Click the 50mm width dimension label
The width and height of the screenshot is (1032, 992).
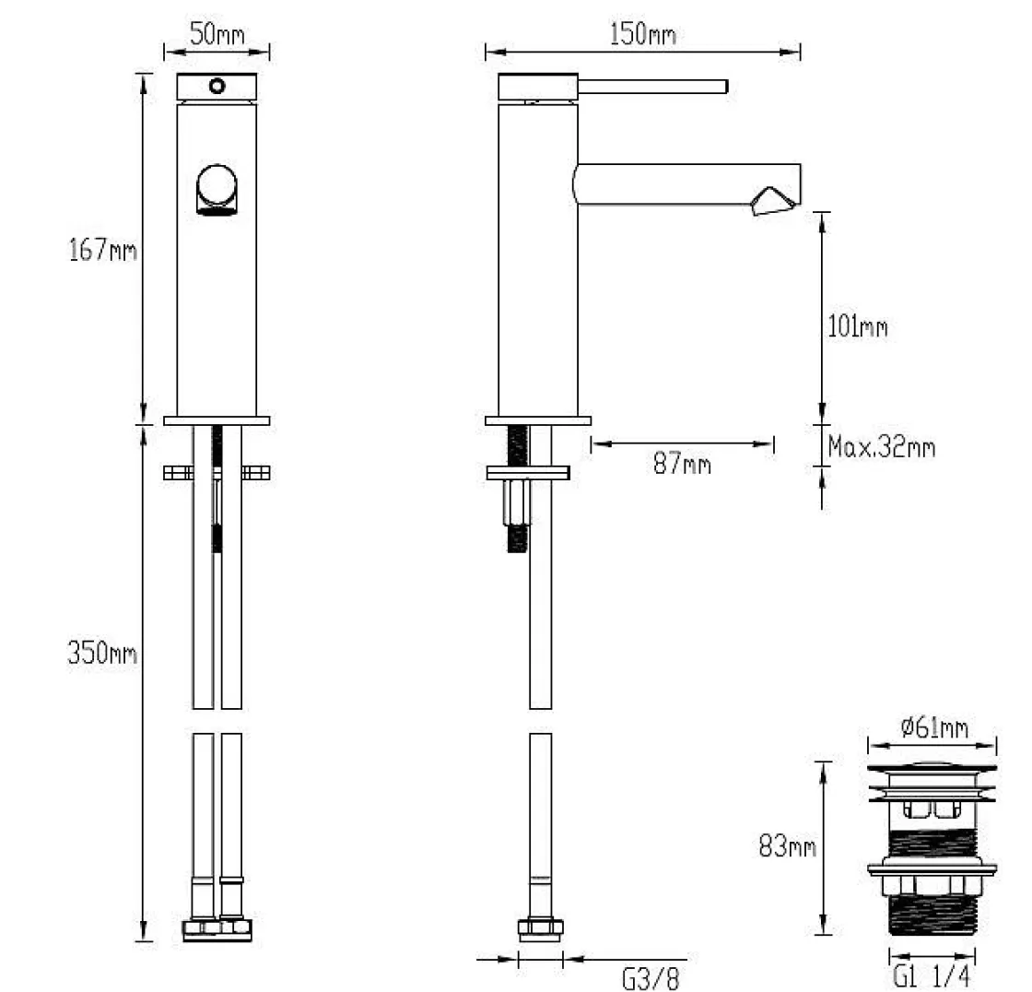pyautogui.click(x=217, y=33)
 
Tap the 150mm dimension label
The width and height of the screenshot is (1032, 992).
pyautogui.click(x=642, y=33)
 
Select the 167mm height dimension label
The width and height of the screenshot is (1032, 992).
pyautogui.click(x=102, y=250)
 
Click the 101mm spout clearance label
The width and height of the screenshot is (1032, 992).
pyautogui.click(x=858, y=326)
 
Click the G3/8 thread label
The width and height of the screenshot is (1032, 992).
pyautogui.click(x=650, y=978)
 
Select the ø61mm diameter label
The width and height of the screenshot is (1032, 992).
pyautogui.click(x=934, y=727)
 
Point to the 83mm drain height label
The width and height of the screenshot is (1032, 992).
pyautogui.click(x=787, y=845)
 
